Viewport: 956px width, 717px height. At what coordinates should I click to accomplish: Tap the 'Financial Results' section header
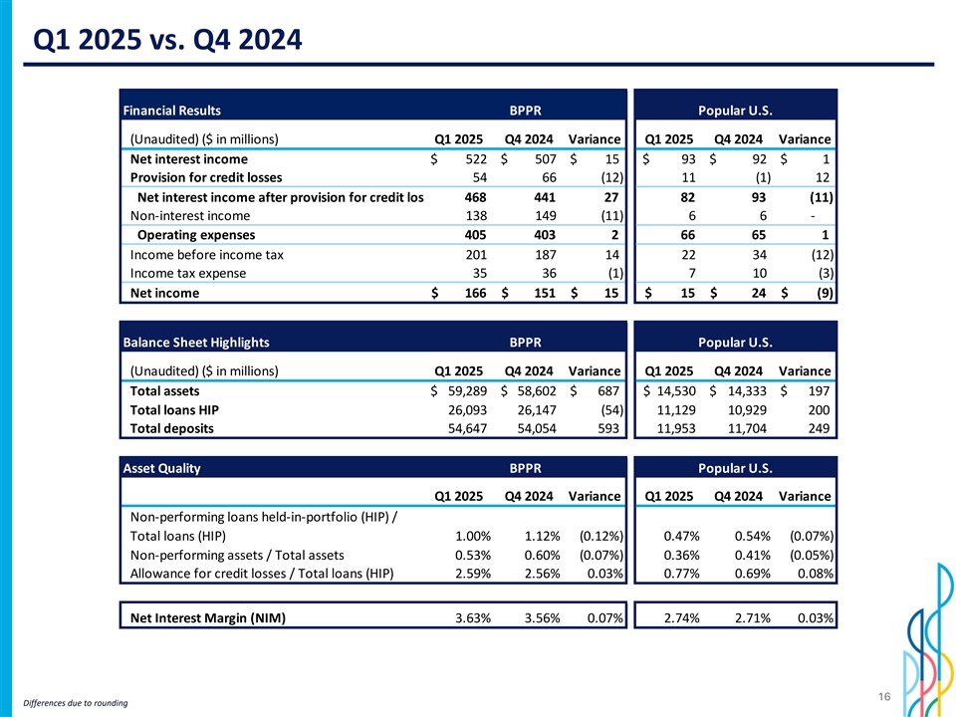coord(171,110)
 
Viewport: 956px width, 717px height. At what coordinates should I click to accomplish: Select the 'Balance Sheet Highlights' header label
coord(195,343)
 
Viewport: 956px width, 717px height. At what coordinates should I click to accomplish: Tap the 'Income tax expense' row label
coord(188,273)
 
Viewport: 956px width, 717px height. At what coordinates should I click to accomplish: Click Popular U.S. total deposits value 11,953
coord(671,428)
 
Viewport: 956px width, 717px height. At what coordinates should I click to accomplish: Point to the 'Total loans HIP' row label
coord(174,409)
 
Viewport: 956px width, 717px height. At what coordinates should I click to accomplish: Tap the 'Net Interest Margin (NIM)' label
coord(207,618)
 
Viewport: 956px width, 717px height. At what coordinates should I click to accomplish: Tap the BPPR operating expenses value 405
coord(475,235)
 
